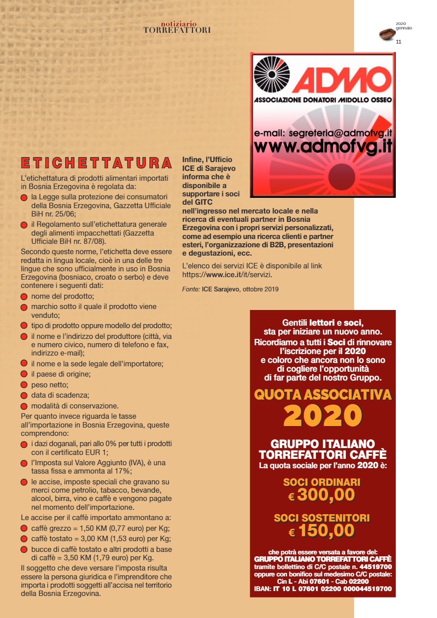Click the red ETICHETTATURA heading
[97, 164]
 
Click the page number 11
[398, 42]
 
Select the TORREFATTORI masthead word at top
[177, 30]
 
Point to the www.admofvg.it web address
[323, 146]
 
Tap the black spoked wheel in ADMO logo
[272, 74]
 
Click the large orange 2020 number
[322, 416]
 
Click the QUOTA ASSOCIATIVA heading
[323, 394]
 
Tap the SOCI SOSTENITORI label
[322, 518]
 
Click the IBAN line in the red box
[323, 589]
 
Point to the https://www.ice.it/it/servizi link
[227, 275]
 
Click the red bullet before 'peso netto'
[24, 385]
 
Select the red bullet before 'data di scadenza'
[24, 396]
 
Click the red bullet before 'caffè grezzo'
[24, 529]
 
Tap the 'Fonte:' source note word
[191, 289]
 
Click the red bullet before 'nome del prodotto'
[24, 297]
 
